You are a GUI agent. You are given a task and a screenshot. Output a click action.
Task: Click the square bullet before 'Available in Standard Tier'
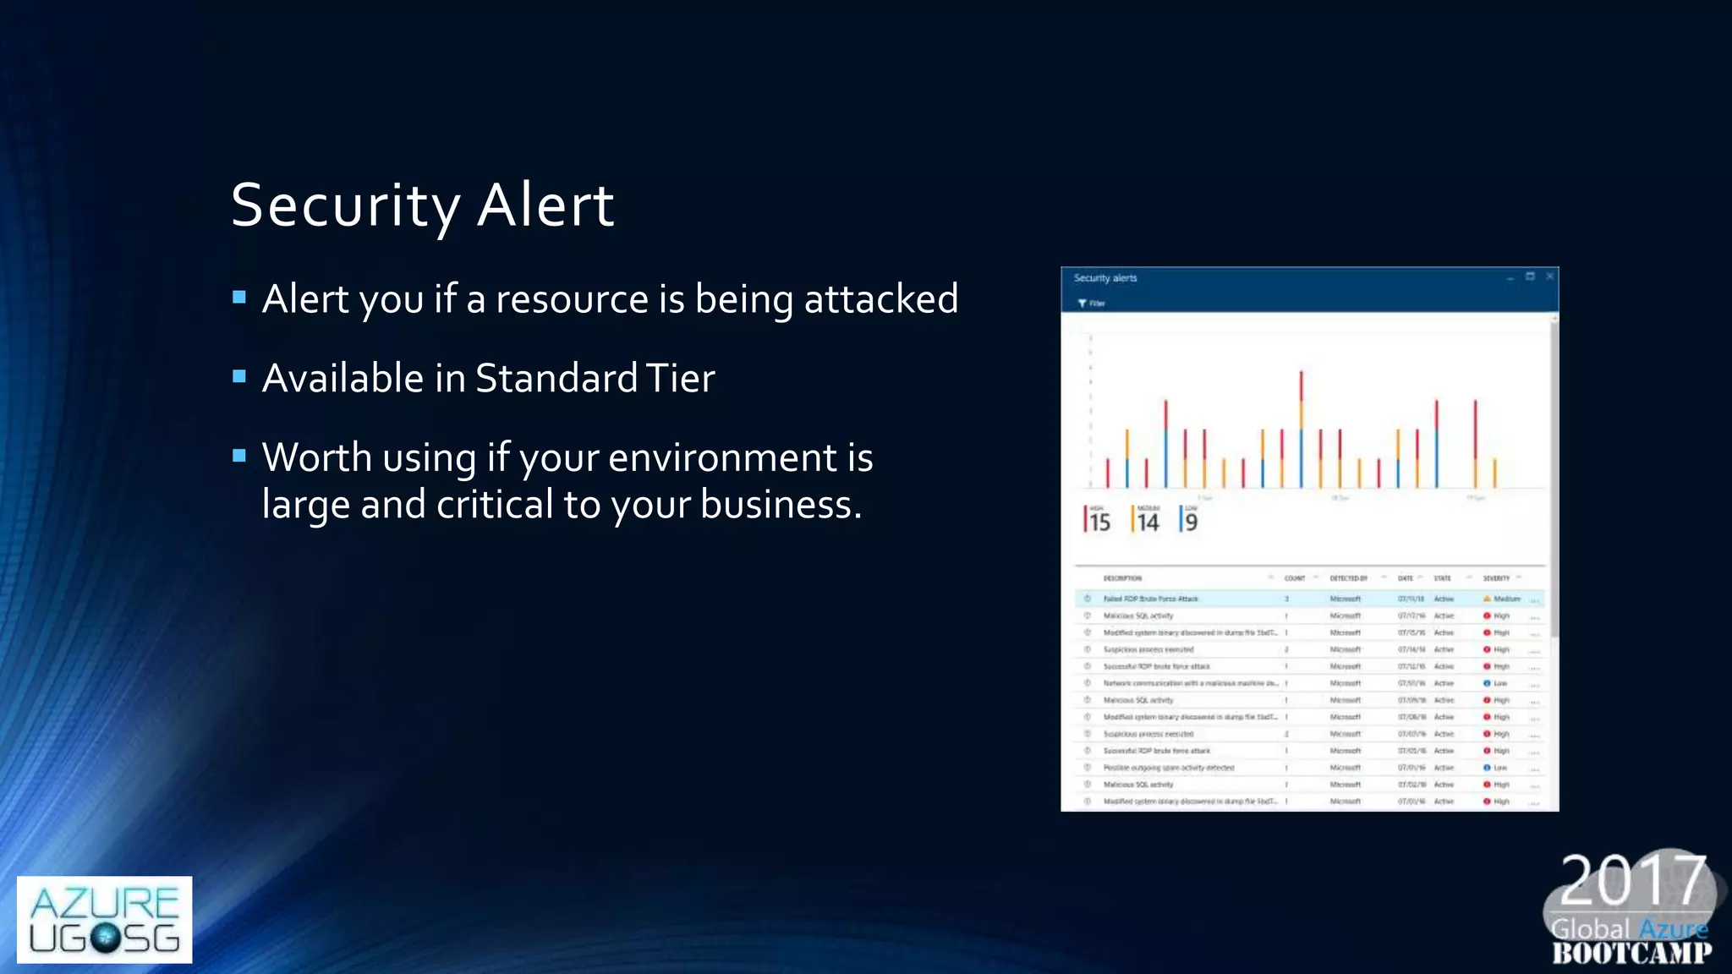pyautogui.click(x=239, y=376)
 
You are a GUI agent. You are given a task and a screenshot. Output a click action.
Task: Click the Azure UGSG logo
pyautogui.click(x=104, y=919)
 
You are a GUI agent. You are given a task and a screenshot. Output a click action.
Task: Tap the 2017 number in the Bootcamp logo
pyautogui.click(x=1632, y=881)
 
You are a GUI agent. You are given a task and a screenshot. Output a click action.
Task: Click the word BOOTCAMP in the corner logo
pyautogui.click(x=1631, y=954)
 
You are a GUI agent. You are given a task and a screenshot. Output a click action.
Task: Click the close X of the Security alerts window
pyautogui.click(x=1549, y=276)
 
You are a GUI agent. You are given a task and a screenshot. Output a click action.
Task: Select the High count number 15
pyautogui.click(x=1099, y=523)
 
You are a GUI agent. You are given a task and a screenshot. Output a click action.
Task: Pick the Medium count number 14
pyautogui.click(x=1148, y=523)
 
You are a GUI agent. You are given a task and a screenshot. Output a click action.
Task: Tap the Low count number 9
pyautogui.click(x=1191, y=523)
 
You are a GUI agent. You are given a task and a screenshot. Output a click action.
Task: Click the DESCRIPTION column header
pyautogui.click(x=1122, y=578)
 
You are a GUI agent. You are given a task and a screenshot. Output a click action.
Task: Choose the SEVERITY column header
pyautogui.click(x=1495, y=578)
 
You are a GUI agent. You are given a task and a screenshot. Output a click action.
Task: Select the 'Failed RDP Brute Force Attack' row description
pyautogui.click(x=1150, y=599)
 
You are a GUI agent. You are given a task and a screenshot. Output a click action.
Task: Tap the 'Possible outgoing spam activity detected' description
pyautogui.click(x=1168, y=768)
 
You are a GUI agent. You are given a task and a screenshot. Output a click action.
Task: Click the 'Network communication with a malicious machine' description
pyautogui.click(x=1190, y=683)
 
